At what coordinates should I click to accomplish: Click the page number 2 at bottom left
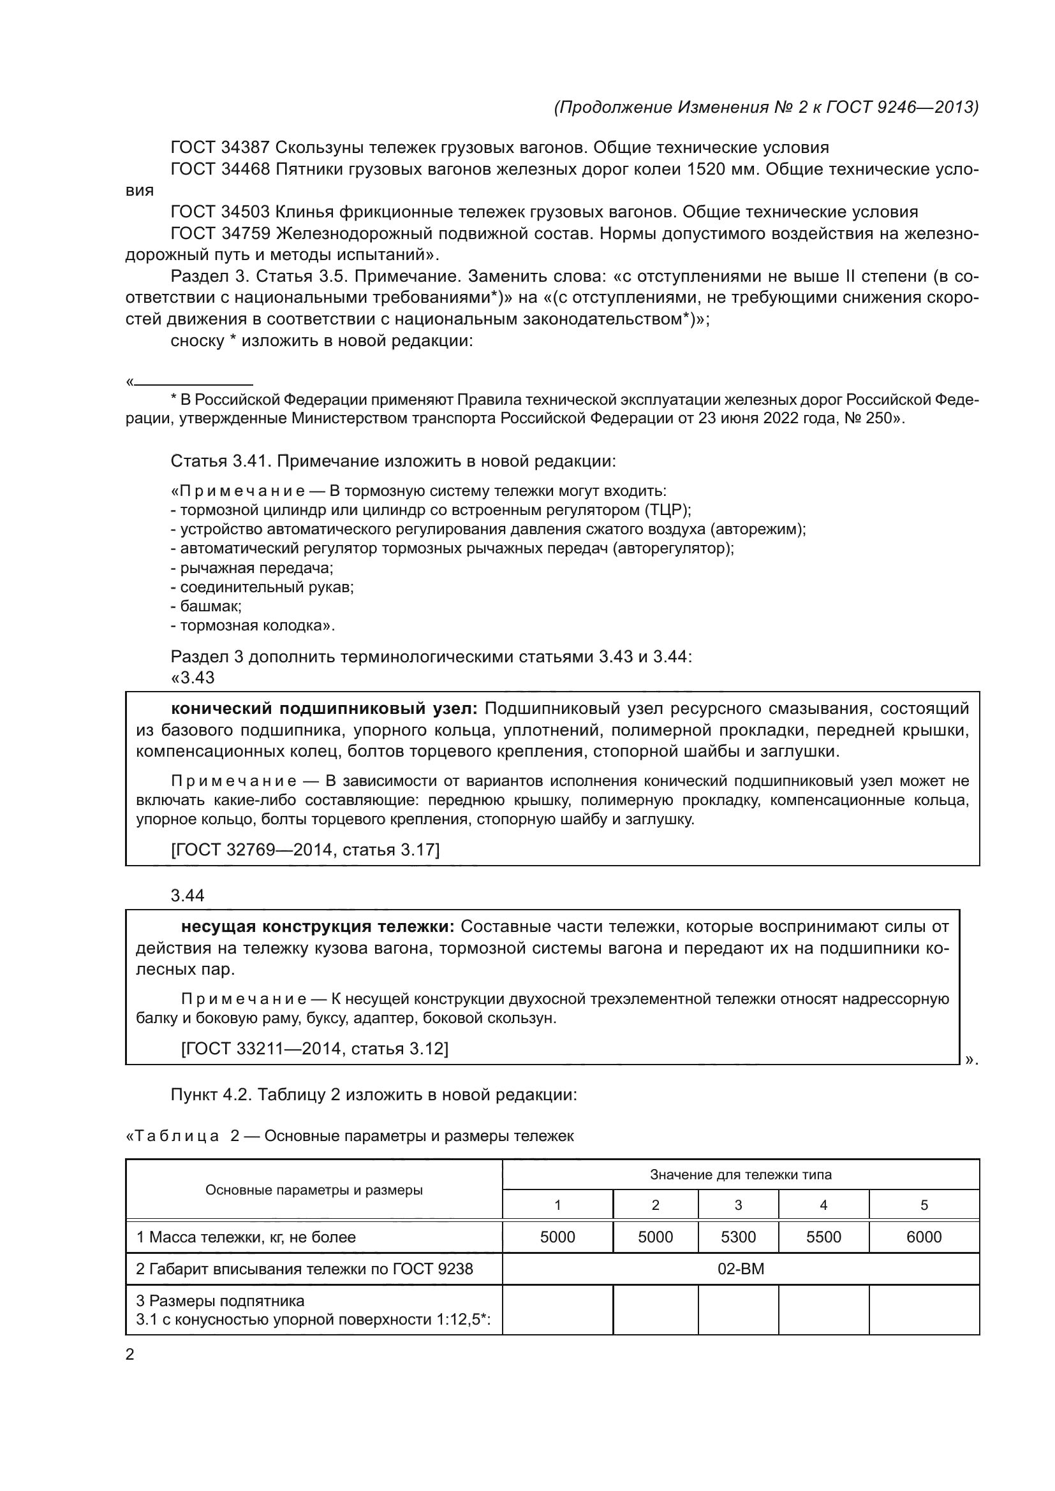130,1355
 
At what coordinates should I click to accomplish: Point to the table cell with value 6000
923,1237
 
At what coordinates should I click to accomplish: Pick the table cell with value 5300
738,1237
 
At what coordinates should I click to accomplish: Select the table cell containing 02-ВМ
741,1269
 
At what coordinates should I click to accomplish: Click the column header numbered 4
823,1205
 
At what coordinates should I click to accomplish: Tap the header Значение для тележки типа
741,1174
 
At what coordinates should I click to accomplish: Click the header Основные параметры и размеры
314,1189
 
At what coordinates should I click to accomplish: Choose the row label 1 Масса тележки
246,1237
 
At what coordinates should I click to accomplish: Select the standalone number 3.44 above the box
187,896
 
